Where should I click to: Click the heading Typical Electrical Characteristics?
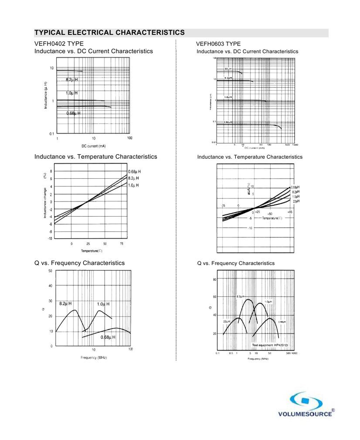click(x=109, y=33)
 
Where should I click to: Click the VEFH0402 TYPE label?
click(x=59, y=44)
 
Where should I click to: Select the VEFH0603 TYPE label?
click(x=218, y=44)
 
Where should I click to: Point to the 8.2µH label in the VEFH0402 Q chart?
click(x=66, y=304)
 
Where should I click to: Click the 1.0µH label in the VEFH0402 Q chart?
click(x=103, y=304)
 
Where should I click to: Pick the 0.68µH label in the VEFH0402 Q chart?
click(x=108, y=337)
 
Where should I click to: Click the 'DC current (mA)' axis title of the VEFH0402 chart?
click(x=94, y=146)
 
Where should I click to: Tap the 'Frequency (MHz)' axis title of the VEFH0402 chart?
click(x=94, y=358)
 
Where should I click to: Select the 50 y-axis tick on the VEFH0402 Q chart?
click(x=50, y=271)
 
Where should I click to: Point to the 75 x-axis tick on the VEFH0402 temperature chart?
click(x=122, y=244)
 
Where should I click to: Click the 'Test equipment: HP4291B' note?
click(x=270, y=345)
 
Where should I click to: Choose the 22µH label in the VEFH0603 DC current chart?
click(x=228, y=69)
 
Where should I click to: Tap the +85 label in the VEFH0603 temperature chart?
click(x=290, y=212)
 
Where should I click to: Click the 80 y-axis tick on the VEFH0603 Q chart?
click(x=214, y=279)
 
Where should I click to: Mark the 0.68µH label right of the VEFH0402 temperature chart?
click(x=134, y=172)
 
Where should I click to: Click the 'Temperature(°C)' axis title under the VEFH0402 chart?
click(x=92, y=251)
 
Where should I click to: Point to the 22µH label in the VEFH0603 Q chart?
click(x=226, y=321)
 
